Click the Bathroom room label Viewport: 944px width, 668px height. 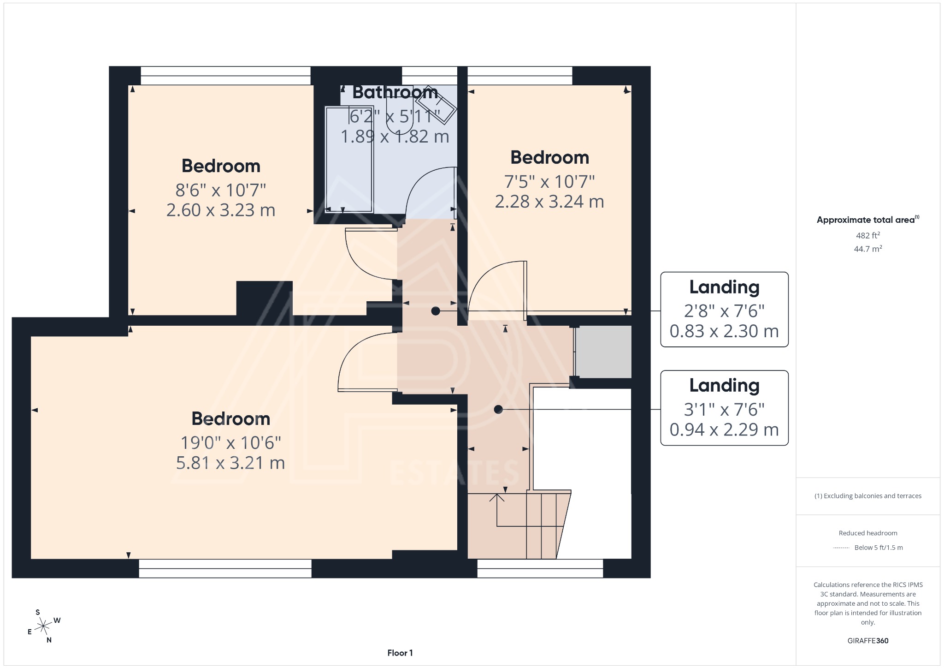(x=395, y=93)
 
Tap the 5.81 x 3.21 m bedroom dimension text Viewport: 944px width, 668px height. (x=230, y=463)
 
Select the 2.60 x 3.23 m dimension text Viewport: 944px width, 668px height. (x=221, y=210)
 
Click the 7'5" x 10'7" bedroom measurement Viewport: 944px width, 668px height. (x=549, y=182)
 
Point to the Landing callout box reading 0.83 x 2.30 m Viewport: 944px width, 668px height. (x=724, y=310)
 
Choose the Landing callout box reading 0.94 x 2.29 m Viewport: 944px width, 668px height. (x=724, y=408)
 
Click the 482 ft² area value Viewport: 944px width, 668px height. (x=868, y=235)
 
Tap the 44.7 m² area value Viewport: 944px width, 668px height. (x=868, y=249)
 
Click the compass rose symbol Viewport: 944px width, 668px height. (x=44, y=626)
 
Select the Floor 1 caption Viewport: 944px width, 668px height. (x=400, y=653)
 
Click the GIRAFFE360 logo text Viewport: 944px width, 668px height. (x=868, y=641)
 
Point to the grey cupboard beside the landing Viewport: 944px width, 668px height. (x=603, y=352)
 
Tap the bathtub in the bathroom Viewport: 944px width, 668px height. (x=349, y=159)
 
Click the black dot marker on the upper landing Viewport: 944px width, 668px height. (x=436, y=311)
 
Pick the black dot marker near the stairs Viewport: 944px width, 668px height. (x=498, y=409)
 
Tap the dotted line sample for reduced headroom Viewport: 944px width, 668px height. (x=841, y=548)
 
